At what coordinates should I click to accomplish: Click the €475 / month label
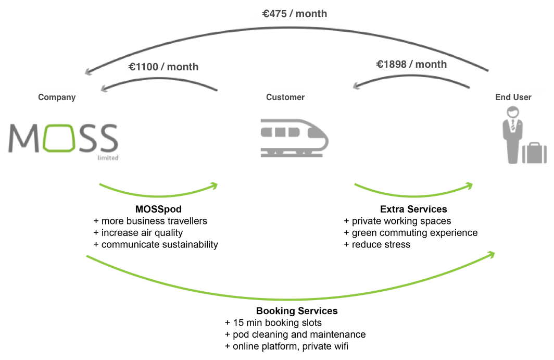[x=295, y=14]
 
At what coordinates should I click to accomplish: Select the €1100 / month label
[x=163, y=67]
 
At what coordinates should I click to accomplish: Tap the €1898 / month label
[x=411, y=64]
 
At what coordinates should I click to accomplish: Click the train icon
[x=295, y=137]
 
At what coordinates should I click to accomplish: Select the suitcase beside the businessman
[x=534, y=153]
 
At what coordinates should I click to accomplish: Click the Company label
[x=57, y=97]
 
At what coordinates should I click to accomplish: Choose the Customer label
[x=285, y=97]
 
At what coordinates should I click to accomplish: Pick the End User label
[x=513, y=97]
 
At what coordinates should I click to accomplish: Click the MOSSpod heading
[x=156, y=209]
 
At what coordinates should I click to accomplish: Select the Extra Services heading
[x=413, y=209]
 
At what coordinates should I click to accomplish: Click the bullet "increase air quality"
[x=138, y=232]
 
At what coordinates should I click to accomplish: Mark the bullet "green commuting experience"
[x=410, y=232]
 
